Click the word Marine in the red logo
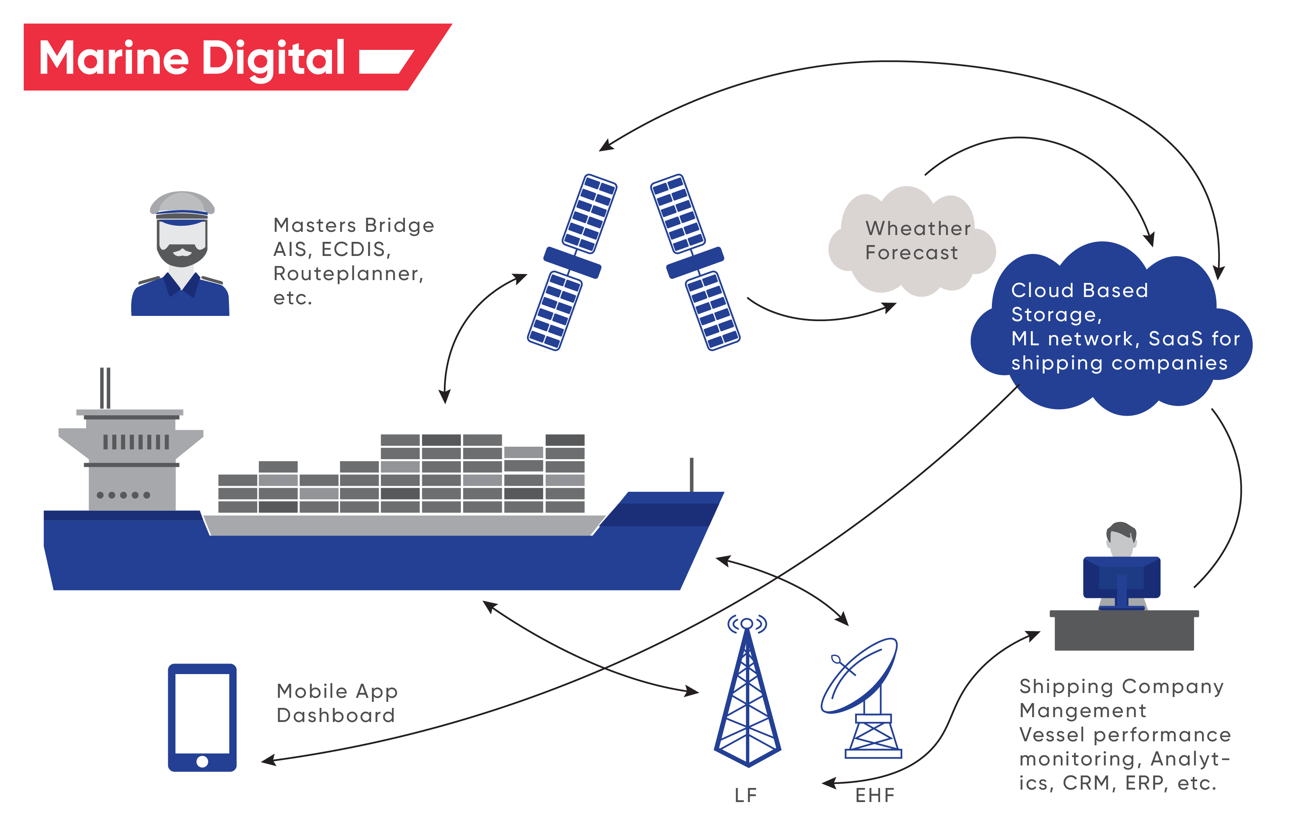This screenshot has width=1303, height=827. tap(113, 58)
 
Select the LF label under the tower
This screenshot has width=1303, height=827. tap(746, 795)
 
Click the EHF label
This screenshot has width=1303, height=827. tap(875, 795)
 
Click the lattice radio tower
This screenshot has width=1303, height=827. tap(747, 703)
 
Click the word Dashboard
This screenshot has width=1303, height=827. tap(336, 716)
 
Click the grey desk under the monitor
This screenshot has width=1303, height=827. tap(1124, 631)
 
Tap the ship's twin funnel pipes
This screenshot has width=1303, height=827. tap(105, 388)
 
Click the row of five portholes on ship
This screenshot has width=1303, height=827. tap(124, 495)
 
